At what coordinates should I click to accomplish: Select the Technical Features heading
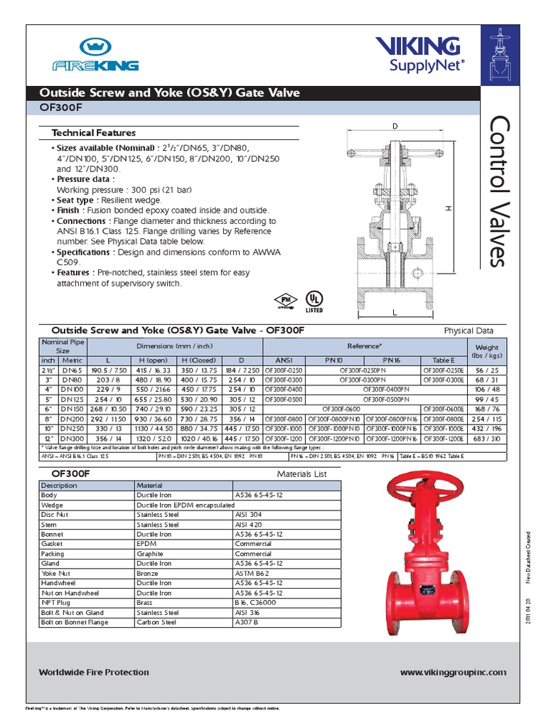click(93, 133)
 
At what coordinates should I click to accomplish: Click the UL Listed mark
click(313, 300)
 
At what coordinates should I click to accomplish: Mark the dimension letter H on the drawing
click(449, 208)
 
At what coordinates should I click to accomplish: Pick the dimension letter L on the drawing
click(393, 312)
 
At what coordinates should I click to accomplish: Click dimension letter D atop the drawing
click(394, 126)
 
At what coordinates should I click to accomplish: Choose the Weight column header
click(486, 349)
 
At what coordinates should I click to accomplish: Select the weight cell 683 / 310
click(486, 439)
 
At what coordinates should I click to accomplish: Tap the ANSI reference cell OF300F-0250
click(284, 370)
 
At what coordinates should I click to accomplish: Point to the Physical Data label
click(469, 331)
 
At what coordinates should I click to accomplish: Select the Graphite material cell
click(150, 553)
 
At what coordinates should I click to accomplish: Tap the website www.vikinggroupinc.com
click(453, 672)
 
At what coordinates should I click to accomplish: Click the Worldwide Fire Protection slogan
click(94, 672)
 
